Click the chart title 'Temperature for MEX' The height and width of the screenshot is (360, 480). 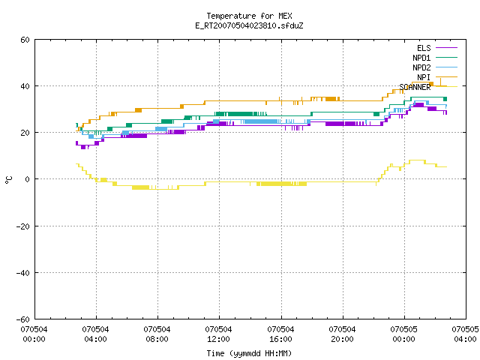tap(249, 16)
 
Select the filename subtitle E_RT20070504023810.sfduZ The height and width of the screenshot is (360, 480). tap(249, 25)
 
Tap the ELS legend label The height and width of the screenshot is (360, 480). tap(424, 48)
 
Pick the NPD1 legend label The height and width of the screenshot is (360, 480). tap(421, 58)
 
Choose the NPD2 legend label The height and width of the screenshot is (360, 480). tap(421, 67)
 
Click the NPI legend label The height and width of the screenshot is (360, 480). tap(424, 77)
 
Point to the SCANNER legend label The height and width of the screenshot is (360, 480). tap(415, 87)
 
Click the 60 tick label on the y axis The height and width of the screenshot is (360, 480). tap(25, 40)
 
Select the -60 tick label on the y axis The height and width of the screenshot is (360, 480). tap(23, 319)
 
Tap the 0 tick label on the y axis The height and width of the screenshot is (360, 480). tap(28, 179)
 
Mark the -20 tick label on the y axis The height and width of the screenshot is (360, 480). tap(23, 226)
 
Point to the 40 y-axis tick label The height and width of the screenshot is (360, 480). tap(25, 86)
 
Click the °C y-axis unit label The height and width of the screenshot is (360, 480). tap(9, 180)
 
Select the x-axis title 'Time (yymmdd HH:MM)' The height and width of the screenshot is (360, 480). tap(249, 353)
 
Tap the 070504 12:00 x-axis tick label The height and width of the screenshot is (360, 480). tap(218, 334)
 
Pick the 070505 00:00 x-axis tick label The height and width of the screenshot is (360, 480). tap(403, 334)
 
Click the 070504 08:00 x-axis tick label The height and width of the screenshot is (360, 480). tap(157, 334)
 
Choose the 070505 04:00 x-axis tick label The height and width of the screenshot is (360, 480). tap(465, 334)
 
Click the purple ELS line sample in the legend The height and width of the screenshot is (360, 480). tap(446, 48)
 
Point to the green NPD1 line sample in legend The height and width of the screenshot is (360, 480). tap(446, 58)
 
